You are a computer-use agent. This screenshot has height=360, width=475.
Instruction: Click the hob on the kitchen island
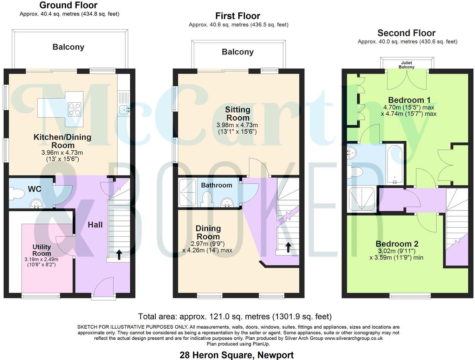(74, 109)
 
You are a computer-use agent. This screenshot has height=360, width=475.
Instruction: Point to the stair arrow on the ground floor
(119, 254)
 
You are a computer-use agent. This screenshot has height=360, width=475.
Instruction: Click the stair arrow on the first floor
(288, 247)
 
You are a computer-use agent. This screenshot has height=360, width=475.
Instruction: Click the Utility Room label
(42, 250)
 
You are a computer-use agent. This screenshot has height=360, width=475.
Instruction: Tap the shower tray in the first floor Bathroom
(188, 192)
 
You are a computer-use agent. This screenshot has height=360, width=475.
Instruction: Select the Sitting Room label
(238, 114)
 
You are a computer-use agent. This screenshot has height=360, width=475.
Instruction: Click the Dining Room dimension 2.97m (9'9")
(208, 244)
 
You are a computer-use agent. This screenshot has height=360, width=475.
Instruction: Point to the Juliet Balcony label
(406, 65)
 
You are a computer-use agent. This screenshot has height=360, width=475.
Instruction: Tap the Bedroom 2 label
(397, 244)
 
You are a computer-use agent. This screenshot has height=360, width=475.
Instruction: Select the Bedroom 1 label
(409, 100)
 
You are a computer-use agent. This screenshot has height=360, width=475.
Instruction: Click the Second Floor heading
(406, 33)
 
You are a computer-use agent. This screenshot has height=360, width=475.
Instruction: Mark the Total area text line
(235, 316)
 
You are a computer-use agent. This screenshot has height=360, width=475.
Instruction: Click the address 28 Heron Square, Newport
(236, 355)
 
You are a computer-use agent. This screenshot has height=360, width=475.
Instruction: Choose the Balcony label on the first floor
(237, 52)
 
